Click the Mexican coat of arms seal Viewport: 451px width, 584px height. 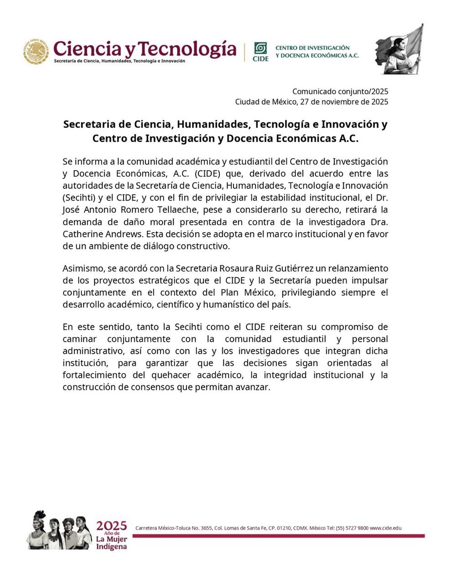tap(36, 52)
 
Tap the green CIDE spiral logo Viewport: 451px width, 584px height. tap(261, 49)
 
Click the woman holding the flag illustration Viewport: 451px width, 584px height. tap(398, 50)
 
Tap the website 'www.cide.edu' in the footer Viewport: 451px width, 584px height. tap(385, 528)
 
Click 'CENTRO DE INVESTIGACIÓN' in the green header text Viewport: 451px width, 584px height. tap(312, 47)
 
